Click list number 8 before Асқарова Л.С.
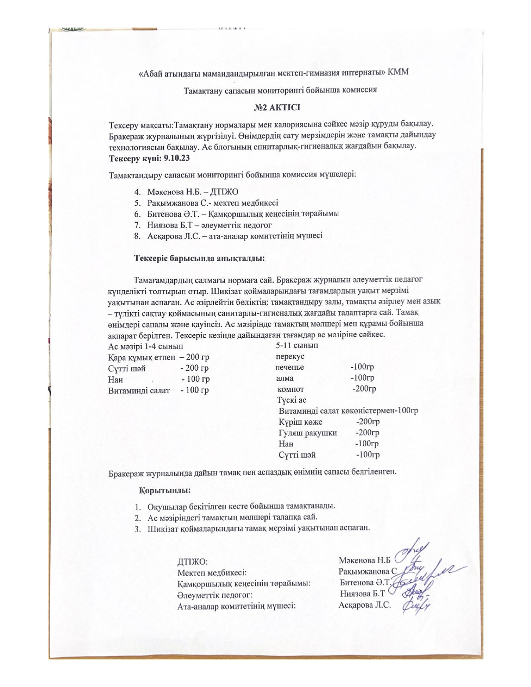tap(136, 236)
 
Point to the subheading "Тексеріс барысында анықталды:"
tap(199, 258)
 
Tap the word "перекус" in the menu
tap(290, 357)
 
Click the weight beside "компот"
tap(364, 389)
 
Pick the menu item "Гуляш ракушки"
tap(308, 433)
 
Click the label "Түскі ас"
tap(292, 400)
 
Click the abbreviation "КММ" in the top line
tap(399, 72)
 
